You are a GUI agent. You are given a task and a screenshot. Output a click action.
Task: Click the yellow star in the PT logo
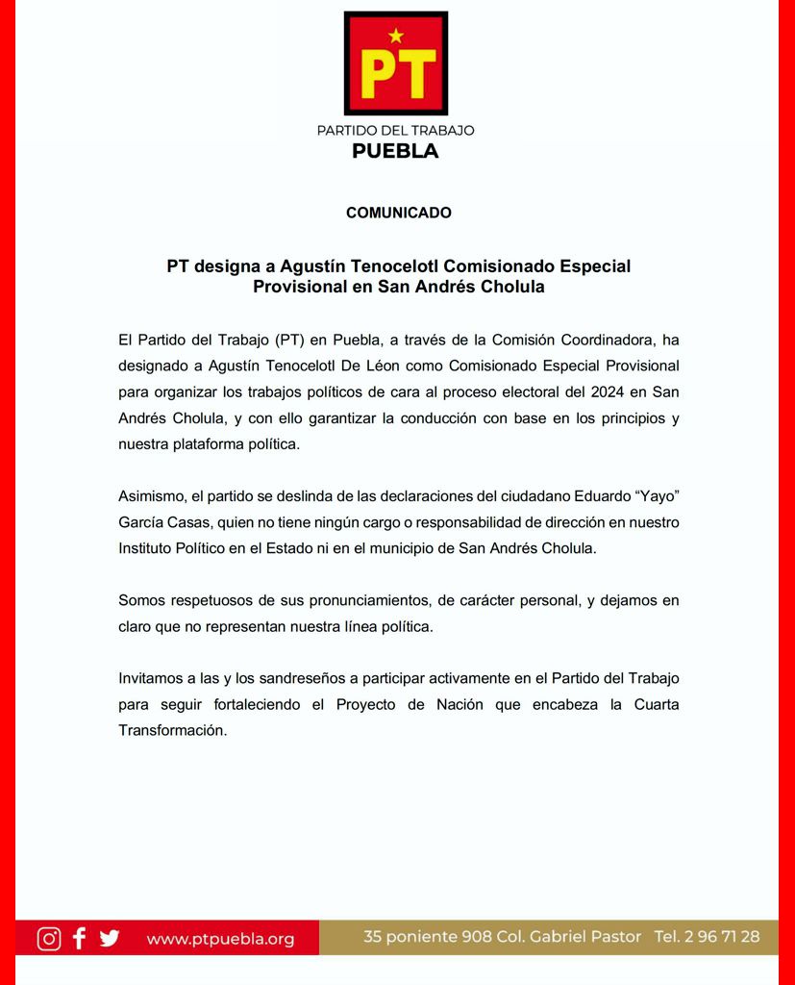click(396, 37)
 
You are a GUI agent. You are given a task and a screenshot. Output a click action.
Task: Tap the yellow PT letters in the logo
click(396, 73)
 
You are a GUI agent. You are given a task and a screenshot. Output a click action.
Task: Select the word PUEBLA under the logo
click(395, 151)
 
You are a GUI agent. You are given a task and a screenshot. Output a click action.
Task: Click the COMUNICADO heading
click(398, 213)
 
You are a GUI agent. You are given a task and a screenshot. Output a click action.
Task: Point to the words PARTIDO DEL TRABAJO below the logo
click(395, 130)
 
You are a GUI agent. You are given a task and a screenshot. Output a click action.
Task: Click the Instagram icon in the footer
click(49, 938)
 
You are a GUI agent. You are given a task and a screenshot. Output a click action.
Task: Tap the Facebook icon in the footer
click(80, 938)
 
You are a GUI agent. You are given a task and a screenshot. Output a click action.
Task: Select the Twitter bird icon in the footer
click(110, 938)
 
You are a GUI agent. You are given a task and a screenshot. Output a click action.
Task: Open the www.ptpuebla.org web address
click(220, 939)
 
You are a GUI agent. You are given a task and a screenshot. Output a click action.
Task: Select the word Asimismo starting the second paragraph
click(152, 496)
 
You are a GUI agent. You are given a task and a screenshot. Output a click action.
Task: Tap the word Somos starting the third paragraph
click(141, 600)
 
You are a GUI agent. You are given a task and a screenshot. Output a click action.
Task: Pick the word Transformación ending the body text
click(172, 730)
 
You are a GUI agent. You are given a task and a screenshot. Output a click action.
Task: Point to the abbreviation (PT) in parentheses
click(289, 340)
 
